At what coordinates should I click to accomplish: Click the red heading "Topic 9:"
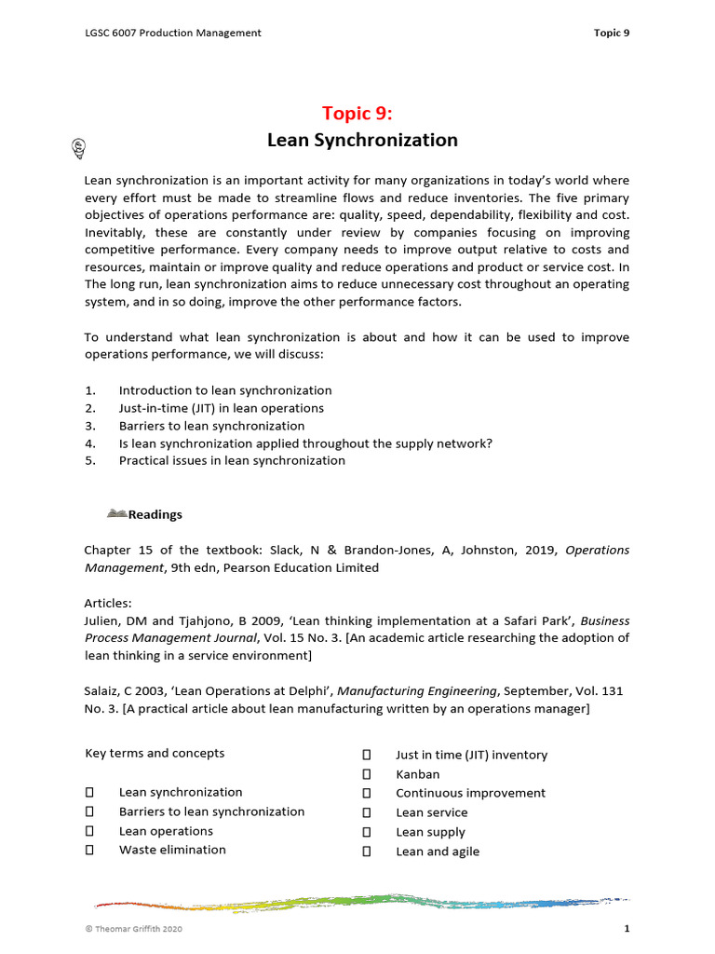point(357,114)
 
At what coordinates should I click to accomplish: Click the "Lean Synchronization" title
point(362,141)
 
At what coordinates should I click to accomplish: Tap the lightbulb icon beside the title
point(79,145)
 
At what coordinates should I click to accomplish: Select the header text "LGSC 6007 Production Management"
point(173,34)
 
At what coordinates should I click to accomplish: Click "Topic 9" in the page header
point(612,34)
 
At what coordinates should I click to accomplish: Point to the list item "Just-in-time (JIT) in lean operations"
point(222,408)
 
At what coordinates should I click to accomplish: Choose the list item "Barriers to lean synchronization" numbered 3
point(211,426)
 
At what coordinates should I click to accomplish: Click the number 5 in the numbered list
point(89,460)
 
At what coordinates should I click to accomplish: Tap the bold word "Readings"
point(155,514)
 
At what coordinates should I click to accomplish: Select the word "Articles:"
point(108,602)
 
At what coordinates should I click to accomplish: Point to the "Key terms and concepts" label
point(155,753)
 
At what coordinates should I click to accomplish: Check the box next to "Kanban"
point(367,774)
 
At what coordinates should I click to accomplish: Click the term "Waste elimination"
point(172,850)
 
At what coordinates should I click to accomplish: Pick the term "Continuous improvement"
point(470,793)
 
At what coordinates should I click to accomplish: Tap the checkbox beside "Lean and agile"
point(367,852)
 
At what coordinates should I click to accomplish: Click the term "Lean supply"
point(430,832)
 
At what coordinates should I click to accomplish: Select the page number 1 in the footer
point(627,930)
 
